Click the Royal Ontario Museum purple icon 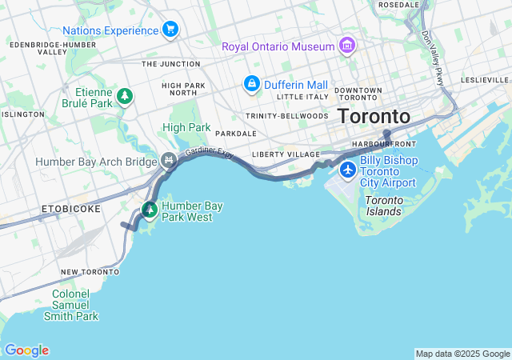tap(346, 46)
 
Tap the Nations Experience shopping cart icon tap(170, 30)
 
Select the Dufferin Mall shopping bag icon tap(251, 84)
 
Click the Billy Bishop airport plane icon tap(348, 170)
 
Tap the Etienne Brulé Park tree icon tap(124, 98)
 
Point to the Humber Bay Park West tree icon tap(150, 210)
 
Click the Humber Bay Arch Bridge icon tap(169, 162)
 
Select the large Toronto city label tap(374, 117)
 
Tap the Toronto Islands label tap(383, 206)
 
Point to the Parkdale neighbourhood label tap(236, 134)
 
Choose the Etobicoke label tap(71, 209)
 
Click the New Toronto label tap(90, 272)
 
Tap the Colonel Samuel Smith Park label tap(75, 305)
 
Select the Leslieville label tap(485, 81)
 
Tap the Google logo tap(26, 350)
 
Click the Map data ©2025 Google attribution tap(462, 354)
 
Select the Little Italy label tap(302, 97)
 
